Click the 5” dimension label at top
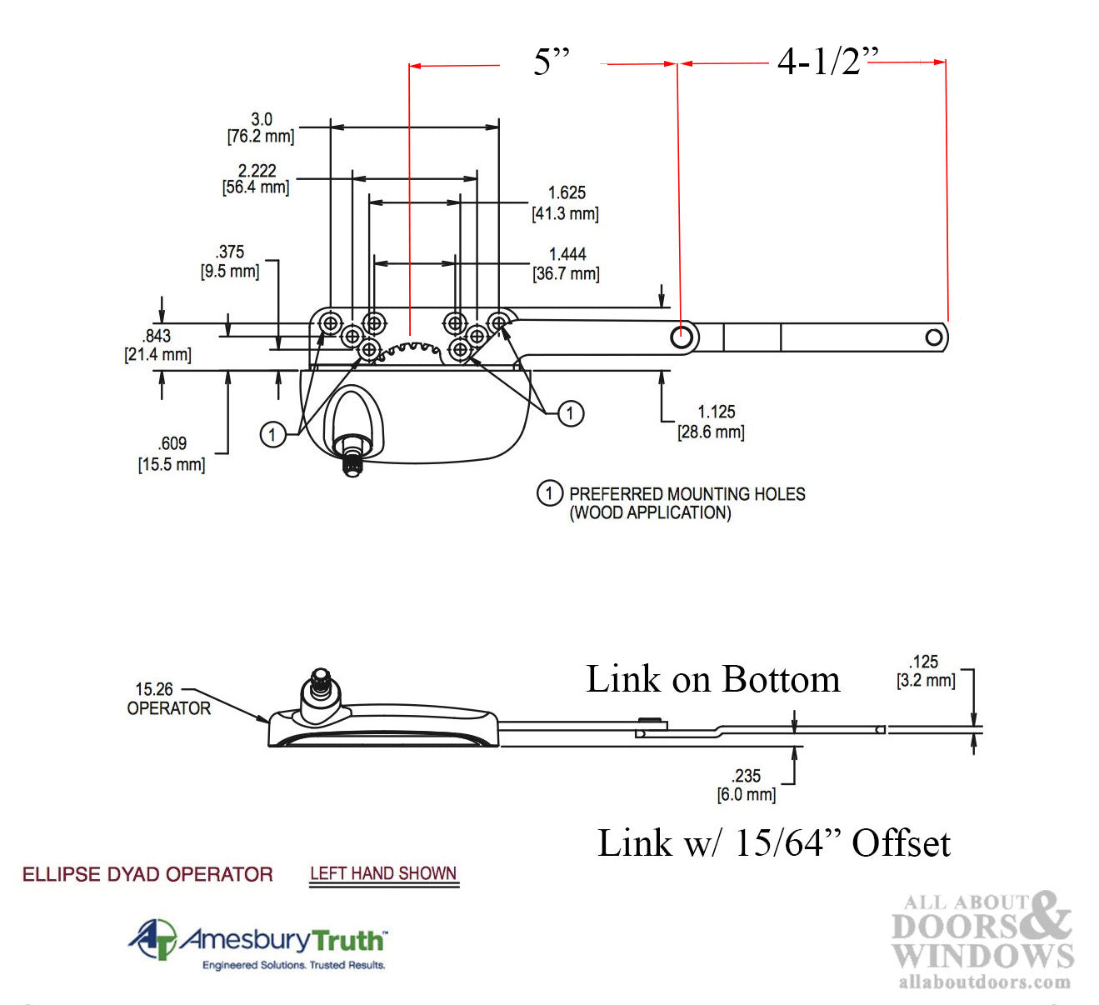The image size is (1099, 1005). [551, 62]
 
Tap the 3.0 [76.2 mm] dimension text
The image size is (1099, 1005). [261, 128]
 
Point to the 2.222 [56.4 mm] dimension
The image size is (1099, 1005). [256, 179]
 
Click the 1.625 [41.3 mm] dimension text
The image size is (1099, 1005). [566, 203]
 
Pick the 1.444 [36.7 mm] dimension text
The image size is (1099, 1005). [567, 264]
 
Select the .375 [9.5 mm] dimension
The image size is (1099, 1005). [230, 262]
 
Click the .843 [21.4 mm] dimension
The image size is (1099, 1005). [157, 345]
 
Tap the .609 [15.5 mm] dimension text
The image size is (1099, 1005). [172, 454]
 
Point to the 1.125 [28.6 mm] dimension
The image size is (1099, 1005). [713, 422]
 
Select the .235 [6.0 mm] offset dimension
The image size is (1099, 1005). [747, 785]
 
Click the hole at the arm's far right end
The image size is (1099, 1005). [934, 337]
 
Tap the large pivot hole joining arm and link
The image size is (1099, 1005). [682, 337]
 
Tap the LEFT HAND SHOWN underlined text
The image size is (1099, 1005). [383, 874]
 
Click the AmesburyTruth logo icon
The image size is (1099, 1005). [153, 939]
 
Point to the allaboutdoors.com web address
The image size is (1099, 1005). [984, 982]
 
